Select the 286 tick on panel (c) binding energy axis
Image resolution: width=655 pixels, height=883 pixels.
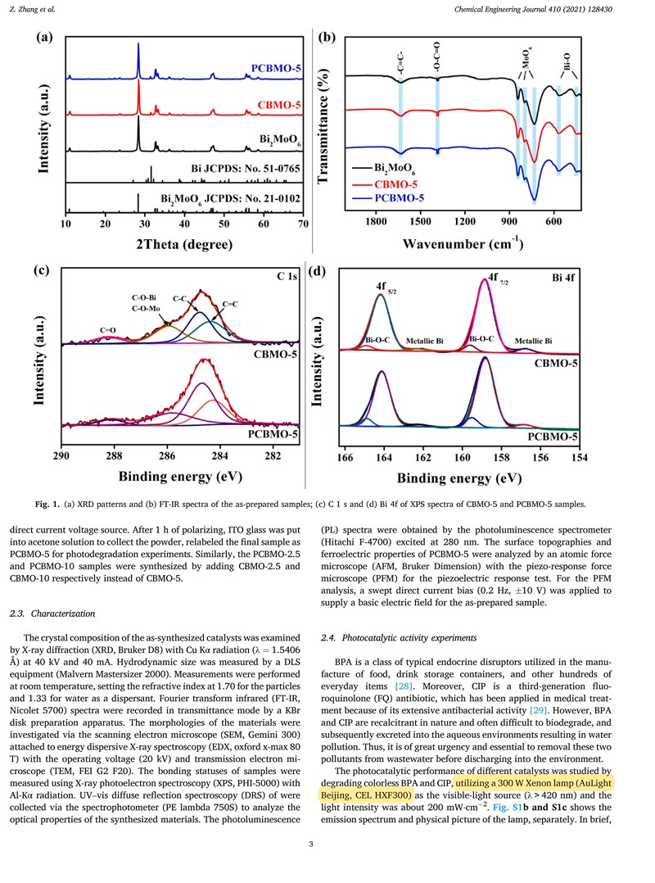coord(167,456)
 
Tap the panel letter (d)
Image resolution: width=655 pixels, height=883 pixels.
coord(315,272)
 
